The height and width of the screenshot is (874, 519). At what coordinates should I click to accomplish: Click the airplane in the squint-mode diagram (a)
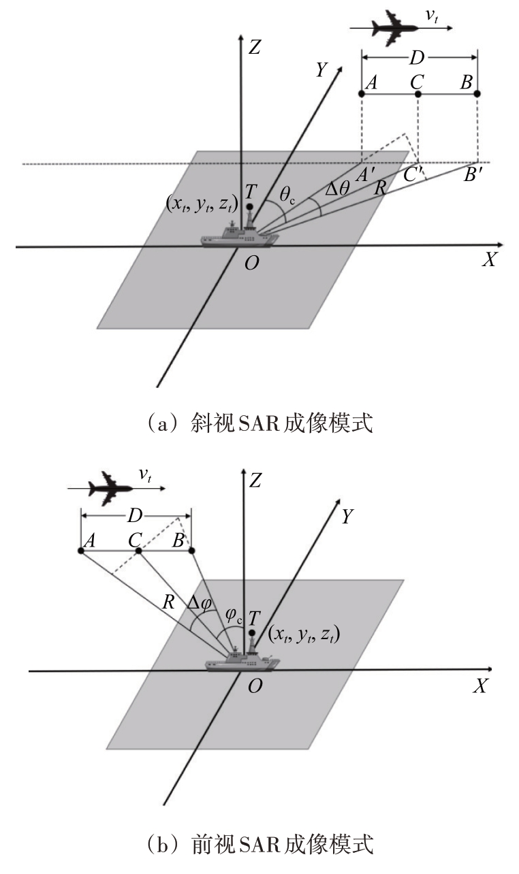pos(394,28)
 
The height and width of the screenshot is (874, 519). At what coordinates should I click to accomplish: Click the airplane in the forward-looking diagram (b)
pos(111,488)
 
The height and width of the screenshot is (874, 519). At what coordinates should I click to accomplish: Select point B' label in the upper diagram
pos(473,175)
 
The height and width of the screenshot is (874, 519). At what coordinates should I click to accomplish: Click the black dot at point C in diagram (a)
pos(418,94)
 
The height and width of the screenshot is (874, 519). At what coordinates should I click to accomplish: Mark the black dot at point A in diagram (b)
pos(81,551)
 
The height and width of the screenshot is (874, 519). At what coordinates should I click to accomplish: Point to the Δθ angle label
pos(337,189)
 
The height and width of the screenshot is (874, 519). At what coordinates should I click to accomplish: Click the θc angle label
pos(287,195)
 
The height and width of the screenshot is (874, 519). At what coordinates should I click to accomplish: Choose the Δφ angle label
pos(200,603)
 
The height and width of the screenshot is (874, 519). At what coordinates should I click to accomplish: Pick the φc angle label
pos(234,615)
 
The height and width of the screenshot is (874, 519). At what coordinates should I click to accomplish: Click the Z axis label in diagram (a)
pos(255,48)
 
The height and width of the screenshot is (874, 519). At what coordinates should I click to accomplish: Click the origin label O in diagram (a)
pos(251,263)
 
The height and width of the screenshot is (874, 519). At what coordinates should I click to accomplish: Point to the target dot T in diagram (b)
pos(252,632)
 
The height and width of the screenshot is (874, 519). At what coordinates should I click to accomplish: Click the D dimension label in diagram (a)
pos(417,58)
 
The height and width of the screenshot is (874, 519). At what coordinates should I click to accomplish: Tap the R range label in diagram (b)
pos(168,602)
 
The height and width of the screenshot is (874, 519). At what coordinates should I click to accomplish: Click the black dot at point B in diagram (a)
pos(477,94)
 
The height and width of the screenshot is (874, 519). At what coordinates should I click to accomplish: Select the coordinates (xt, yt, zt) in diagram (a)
pos(202,204)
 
